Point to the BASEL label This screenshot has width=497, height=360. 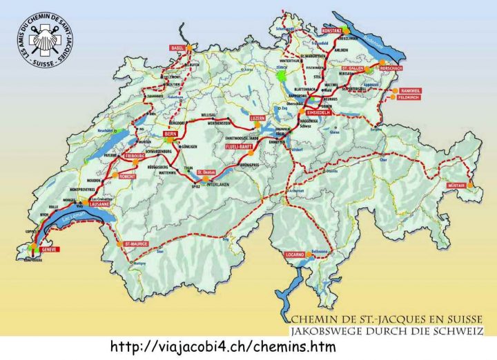[178, 48]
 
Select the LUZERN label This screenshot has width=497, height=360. [258, 118]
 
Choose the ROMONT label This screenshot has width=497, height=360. [128, 177]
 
